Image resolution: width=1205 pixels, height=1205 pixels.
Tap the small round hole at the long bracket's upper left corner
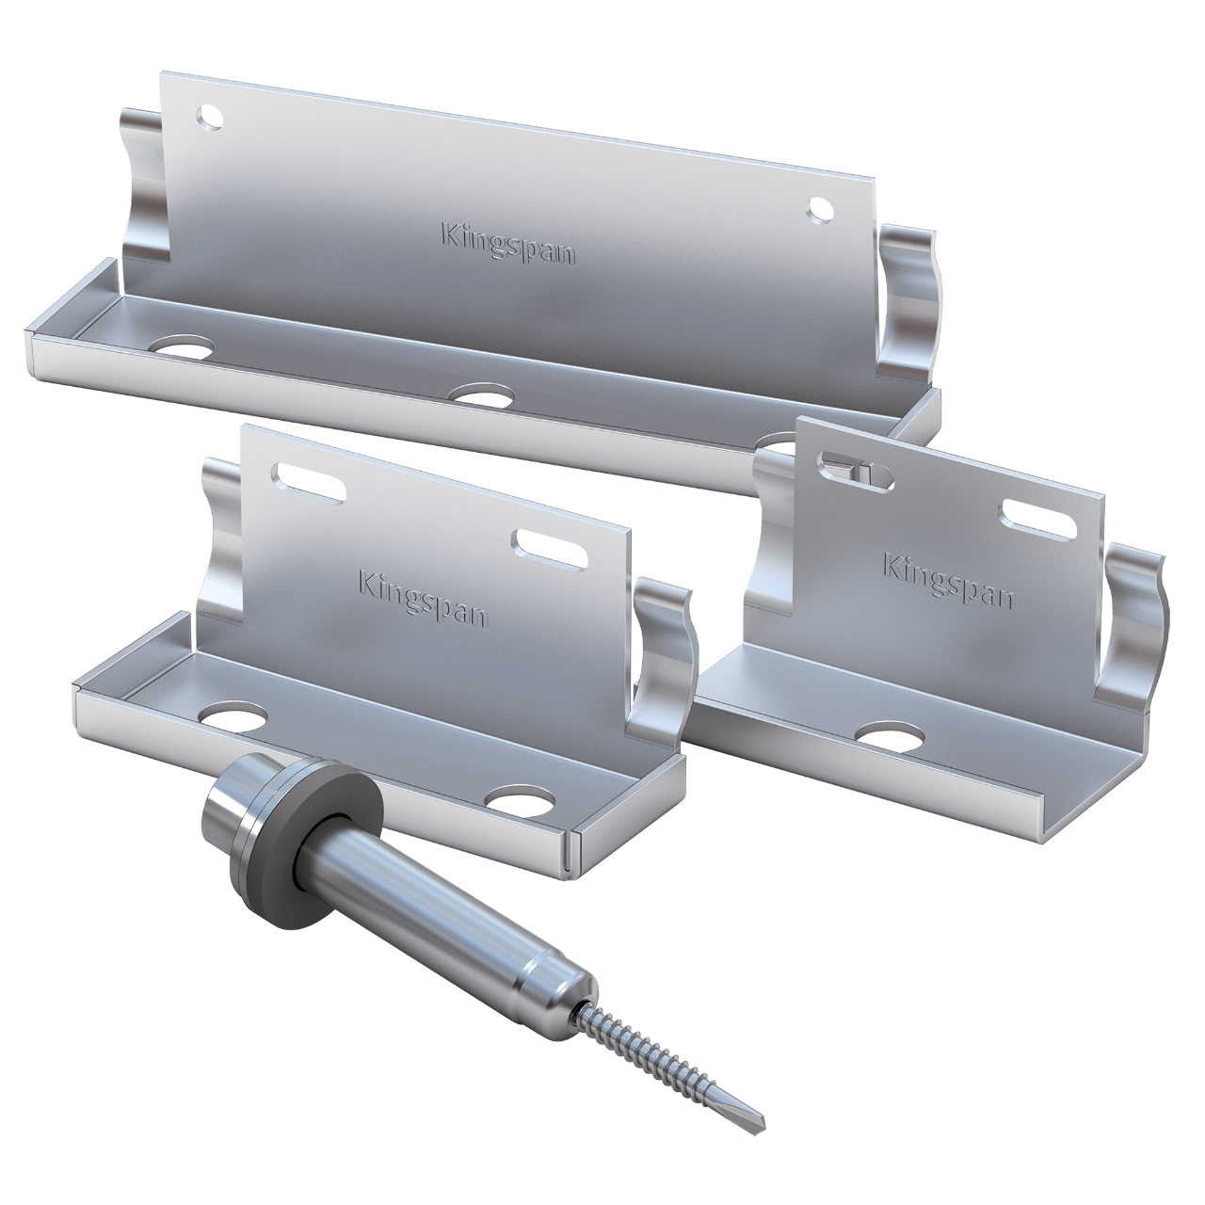208,117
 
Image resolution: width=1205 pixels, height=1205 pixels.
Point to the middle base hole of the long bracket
481,394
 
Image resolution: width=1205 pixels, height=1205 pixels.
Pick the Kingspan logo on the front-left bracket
423,597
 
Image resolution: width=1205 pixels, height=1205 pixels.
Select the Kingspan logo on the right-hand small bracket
949,581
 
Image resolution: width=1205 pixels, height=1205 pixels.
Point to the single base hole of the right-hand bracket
892,736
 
